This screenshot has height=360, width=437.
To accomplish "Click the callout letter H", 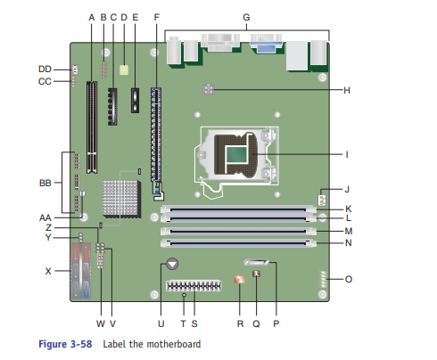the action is click(x=347, y=90).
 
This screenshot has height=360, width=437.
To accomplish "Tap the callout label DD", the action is click(x=45, y=70).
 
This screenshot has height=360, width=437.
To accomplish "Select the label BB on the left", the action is click(x=45, y=183).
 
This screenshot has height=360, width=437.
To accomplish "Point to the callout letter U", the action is click(x=161, y=323).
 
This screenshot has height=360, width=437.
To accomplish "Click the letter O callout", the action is click(x=349, y=279).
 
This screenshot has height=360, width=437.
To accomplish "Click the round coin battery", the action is click(x=172, y=264).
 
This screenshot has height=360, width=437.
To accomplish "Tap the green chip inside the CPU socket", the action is click(x=236, y=154).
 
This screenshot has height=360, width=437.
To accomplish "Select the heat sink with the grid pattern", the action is click(x=121, y=199).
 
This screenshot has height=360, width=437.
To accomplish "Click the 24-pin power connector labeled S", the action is click(x=194, y=286).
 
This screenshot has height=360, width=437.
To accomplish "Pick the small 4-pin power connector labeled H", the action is click(x=209, y=89).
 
